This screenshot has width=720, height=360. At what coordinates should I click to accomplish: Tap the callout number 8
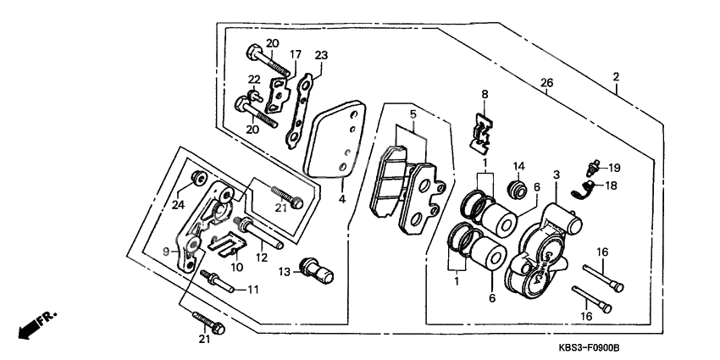coord(485,94)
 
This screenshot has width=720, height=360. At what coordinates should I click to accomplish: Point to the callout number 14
coord(518,166)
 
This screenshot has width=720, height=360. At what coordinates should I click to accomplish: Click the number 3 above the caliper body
coord(557,175)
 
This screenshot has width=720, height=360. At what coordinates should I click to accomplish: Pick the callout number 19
coord(614,168)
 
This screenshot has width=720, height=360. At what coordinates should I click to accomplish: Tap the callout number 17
coord(296,54)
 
